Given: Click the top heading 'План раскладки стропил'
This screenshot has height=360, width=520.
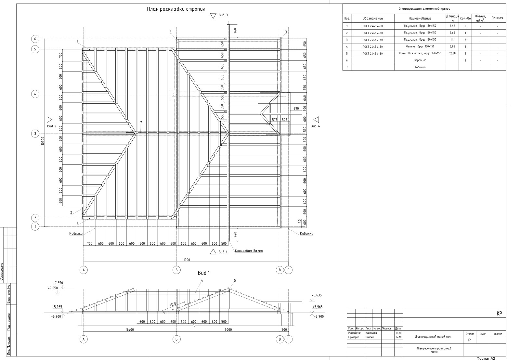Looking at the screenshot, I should (176, 9).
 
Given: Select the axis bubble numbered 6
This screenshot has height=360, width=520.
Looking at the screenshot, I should (35, 39).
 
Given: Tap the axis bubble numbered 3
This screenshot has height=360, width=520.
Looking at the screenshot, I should (35, 134).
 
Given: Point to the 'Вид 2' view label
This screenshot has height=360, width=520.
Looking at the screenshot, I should (52, 126).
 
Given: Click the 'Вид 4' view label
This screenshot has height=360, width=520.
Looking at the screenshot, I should (315, 126).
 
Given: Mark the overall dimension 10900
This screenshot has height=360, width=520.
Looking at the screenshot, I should (43, 141).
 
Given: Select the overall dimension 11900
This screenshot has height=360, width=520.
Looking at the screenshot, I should (186, 260).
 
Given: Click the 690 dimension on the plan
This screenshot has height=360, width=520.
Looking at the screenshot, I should (296, 108).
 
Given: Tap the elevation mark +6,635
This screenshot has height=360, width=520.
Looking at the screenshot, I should (317, 295).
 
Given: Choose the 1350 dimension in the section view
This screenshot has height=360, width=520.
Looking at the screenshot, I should (173, 305).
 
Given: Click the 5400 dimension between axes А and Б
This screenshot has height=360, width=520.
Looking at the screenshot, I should (130, 329).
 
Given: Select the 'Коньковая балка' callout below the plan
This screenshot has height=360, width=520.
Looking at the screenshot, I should (249, 251).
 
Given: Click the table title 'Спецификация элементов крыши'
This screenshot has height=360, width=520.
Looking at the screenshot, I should (424, 9).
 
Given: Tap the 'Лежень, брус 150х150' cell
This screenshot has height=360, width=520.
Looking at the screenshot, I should (420, 46).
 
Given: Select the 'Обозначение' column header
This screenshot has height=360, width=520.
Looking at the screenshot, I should (373, 19).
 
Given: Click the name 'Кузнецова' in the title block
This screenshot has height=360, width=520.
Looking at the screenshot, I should (371, 333).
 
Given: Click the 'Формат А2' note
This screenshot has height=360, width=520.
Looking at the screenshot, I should (486, 358).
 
